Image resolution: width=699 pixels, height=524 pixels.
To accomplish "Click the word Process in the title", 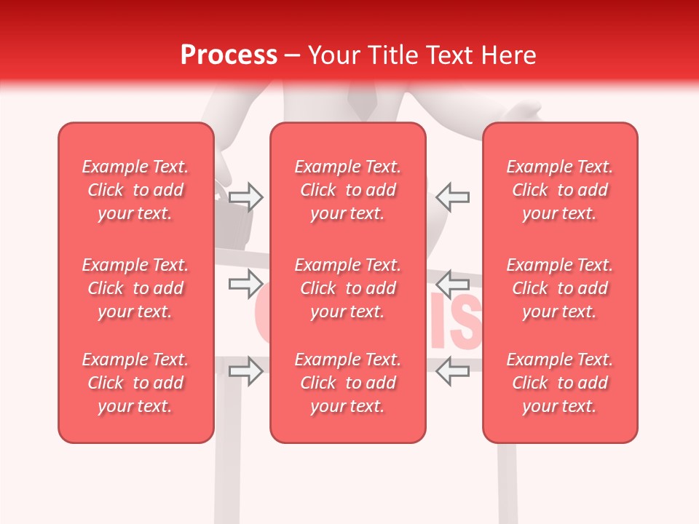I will click(229, 55).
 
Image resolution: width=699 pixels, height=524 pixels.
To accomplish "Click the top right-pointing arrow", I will click(246, 196).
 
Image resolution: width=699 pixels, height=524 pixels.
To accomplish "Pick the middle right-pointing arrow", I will click(246, 282).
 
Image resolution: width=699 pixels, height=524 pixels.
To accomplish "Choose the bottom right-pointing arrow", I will click(246, 371).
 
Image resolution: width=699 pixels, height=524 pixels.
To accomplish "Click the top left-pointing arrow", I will click(453, 196).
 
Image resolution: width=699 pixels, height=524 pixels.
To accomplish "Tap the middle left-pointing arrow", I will click(453, 282).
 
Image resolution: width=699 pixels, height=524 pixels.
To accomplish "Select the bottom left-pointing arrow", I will click(453, 371).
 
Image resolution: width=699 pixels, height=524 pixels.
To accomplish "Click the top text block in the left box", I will click(135, 190).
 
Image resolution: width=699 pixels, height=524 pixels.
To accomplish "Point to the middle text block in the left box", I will click(135, 288).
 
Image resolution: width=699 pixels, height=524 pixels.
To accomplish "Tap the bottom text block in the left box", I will click(135, 383).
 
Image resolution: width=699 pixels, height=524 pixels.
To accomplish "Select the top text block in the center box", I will click(348, 190).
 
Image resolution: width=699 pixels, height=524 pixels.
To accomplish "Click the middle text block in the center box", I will click(348, 288).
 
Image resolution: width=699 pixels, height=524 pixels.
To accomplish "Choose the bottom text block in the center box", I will click(348, 383).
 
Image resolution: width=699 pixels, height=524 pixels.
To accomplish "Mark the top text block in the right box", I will click(560, 190).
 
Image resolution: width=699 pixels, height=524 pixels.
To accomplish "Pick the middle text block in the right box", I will click(560, 288).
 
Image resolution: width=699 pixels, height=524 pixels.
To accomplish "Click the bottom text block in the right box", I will click(560, 383).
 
